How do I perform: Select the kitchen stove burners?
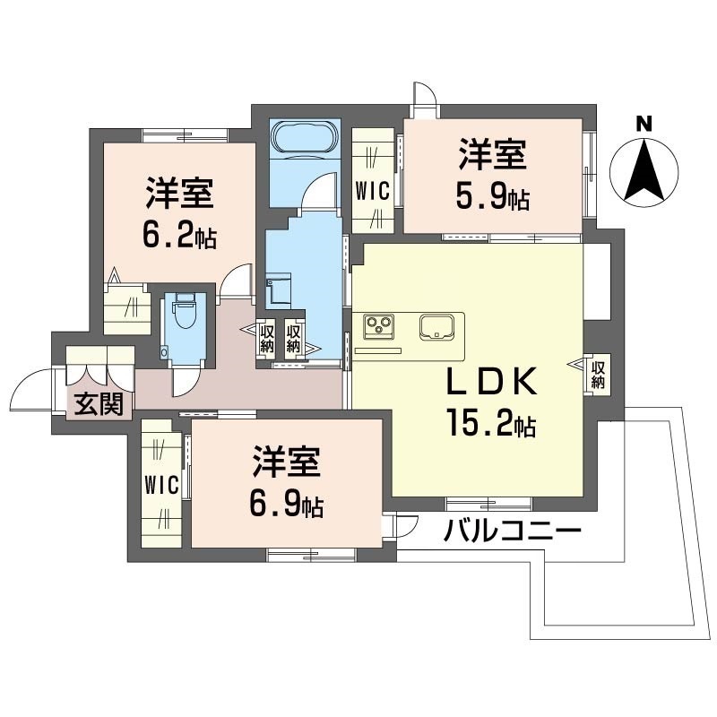379,326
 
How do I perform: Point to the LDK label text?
491,383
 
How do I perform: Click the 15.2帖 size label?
491,424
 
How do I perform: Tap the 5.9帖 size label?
493,197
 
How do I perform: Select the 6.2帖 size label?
179,237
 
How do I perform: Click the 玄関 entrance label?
99,404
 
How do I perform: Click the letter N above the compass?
644,124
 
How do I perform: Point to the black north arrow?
644,170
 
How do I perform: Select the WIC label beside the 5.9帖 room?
373,191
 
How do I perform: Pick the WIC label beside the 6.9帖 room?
161,484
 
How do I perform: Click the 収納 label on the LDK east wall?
598,375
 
